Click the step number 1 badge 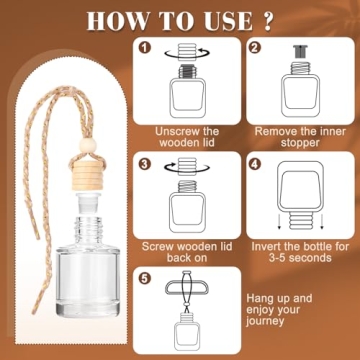point(145,48)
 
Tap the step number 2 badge point(256,48)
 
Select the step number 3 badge point(145,164)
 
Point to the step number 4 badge point(256,164)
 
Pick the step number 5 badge point(145,278)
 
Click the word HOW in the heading point(116,21)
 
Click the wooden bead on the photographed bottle point(88,146)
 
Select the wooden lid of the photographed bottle point(86,175)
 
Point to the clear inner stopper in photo point(88,203)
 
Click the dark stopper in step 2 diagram point(300,52)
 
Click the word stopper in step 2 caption point(300,143)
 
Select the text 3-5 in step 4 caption point(280,258)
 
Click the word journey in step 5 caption point(266,321)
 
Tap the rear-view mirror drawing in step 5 point(187,288)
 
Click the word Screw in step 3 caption point(157,247)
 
